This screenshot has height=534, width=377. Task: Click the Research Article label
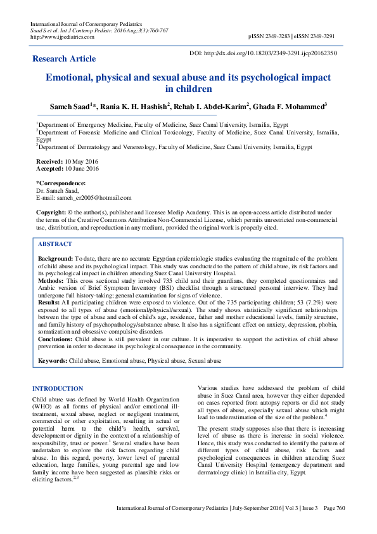(64, 59)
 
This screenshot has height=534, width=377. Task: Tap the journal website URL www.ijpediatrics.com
(62, 37)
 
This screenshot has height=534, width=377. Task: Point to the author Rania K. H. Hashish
(136, 106)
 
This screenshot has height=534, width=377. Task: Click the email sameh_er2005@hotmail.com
(93, 198)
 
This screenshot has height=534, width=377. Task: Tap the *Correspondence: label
(60, 184)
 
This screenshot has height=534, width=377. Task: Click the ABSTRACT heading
(55, 244)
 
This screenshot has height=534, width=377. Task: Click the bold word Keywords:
(53, 360)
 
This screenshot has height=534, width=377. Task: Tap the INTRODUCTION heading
(58, 387)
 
